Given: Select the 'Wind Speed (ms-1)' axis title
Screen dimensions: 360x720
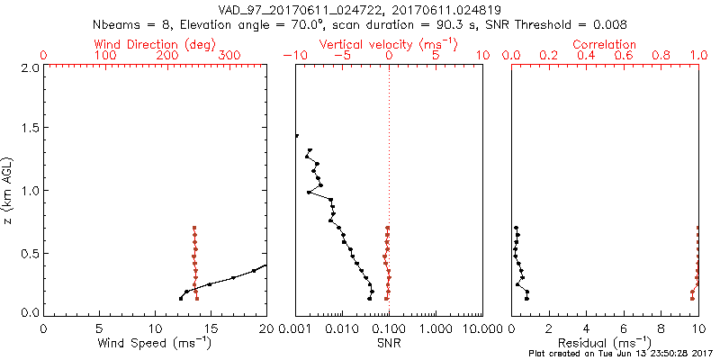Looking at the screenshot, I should (155, 342).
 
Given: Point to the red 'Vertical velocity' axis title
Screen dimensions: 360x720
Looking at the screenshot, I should (387, 44).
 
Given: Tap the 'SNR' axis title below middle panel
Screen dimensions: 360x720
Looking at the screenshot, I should (388, 342).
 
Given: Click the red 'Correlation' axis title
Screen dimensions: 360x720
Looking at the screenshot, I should (605, 44).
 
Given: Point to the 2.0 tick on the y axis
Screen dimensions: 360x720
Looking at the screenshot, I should (29, 67).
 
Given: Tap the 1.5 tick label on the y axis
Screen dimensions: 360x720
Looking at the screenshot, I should (29, 129).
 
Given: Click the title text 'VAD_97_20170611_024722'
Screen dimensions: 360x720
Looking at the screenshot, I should (296, 9).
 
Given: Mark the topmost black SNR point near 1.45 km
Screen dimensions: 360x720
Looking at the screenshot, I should (296, 136).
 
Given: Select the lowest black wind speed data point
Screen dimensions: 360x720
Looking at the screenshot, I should (181, 298).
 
